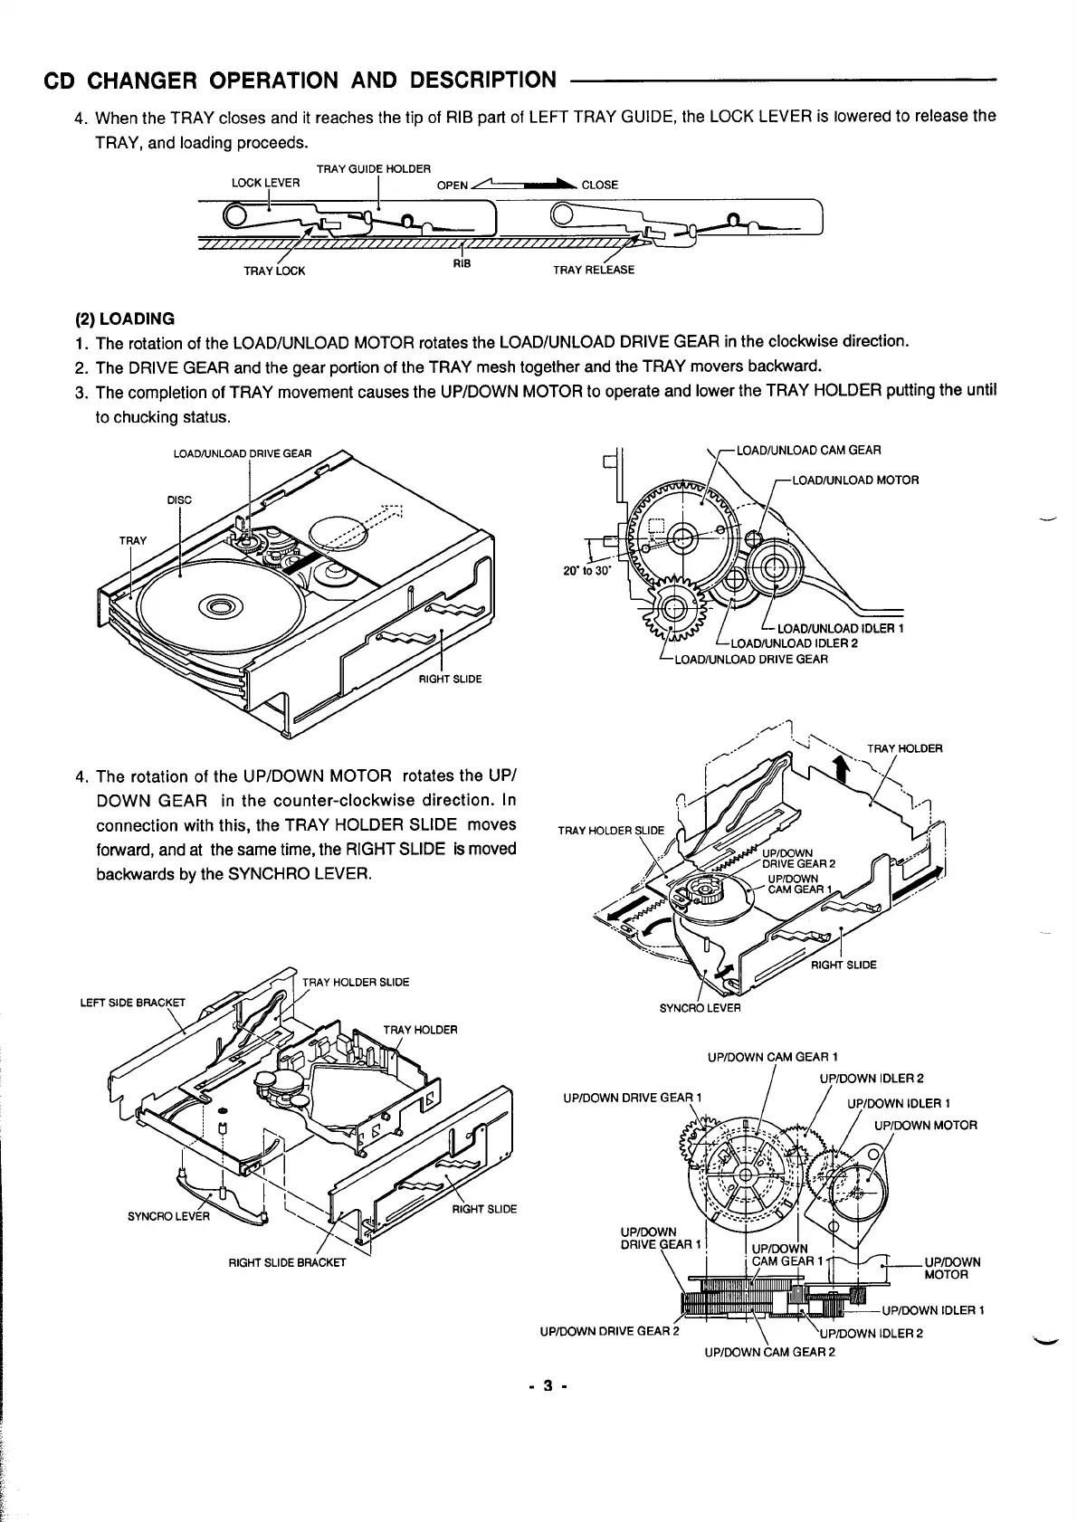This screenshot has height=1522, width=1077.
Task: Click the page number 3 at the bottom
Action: point(547,1386)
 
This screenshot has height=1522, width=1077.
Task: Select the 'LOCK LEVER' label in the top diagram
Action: point(265,182)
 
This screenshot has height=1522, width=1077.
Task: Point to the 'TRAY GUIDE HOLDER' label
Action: point(373,168)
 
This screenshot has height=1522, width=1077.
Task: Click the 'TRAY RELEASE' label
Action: point(594,270)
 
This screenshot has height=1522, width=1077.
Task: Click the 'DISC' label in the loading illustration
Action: point(180,499)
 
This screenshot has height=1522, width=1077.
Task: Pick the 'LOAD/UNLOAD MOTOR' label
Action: point(855,480)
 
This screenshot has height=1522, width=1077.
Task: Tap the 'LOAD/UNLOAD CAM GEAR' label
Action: point(809,450)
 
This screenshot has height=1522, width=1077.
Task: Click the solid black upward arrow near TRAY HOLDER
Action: point(841,767)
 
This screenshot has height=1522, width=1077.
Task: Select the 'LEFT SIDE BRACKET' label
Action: point(132,1002)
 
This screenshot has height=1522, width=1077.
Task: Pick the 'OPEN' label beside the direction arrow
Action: point(452,185)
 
